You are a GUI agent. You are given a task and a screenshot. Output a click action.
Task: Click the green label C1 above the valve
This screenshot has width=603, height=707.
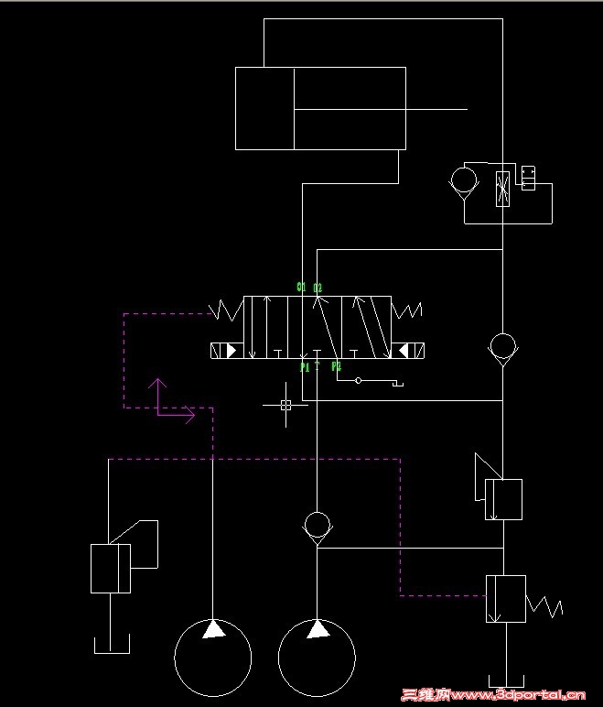click(301, 287)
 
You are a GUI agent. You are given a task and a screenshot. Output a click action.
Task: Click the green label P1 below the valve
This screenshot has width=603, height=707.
click(305, 366)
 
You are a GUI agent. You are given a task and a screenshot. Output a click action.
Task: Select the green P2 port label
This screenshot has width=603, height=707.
click(336, 366)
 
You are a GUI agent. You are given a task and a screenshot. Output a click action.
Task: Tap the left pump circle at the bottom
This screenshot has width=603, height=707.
click(213, 657)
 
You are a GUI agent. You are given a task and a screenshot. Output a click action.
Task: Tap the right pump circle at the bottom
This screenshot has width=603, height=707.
click(317, 657)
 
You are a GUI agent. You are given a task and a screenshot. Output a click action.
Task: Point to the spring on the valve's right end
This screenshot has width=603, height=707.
click(407, 310)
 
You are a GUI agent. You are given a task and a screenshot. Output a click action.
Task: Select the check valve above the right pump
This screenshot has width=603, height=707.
click(317, 525)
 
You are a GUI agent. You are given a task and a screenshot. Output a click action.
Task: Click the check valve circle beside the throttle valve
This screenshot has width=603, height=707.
click(465, 179)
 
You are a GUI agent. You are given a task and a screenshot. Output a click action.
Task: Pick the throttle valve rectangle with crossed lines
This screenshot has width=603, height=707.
click(502, 188)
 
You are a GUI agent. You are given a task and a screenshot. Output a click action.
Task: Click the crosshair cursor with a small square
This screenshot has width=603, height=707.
click(285, 404)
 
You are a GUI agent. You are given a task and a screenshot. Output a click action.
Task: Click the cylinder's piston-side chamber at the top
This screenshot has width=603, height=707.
click(264, 108)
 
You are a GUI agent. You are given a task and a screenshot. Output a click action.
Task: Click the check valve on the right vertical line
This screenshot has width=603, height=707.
click(502, 347)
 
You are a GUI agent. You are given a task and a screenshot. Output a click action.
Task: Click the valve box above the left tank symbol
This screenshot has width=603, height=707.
click(111, 568)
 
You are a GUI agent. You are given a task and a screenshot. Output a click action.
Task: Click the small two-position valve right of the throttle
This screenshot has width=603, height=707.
click(527, 178)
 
